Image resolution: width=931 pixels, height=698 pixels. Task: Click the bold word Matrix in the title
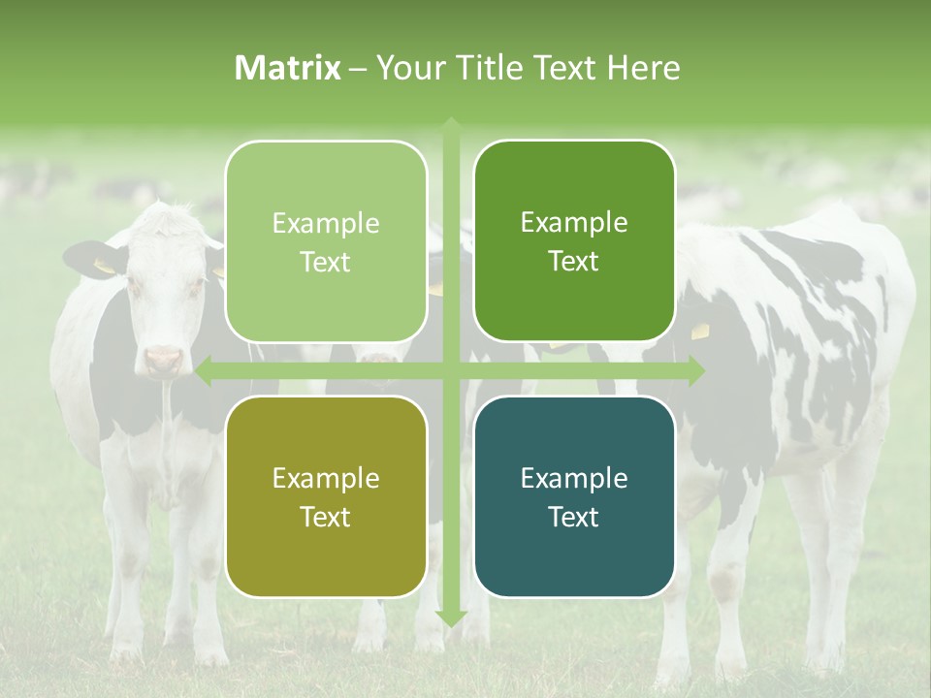(x=288, y=68)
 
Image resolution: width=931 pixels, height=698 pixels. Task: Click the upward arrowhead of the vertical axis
(x=451, y=124)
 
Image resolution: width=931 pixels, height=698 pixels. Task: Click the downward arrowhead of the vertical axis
(x=451, y=618)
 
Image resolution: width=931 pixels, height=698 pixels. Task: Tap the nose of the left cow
(x=164, y=361)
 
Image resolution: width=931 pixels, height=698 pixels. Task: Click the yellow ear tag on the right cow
(x=700, y=331)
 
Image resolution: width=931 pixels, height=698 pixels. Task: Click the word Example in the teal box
(x=574, y=478)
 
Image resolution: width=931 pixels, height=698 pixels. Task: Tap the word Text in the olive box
(x=326, y=517)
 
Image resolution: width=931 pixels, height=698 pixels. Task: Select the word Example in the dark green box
(x=574, y=223)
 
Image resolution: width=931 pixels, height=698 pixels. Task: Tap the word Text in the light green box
(x=326, y=262)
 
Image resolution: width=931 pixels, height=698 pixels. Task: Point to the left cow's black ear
(x=91, y=256)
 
